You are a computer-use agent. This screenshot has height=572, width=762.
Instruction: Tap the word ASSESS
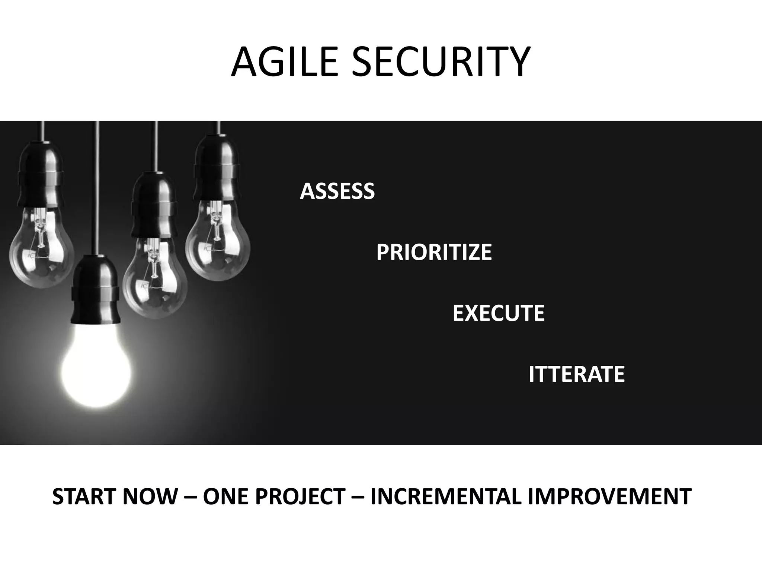337,191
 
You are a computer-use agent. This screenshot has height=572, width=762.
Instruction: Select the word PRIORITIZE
434,252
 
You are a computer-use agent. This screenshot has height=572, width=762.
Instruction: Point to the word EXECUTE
499,313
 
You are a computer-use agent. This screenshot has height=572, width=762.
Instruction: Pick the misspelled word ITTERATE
576,374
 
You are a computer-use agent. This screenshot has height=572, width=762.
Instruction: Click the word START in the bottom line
84,497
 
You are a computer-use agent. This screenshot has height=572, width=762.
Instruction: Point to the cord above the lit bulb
97,186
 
